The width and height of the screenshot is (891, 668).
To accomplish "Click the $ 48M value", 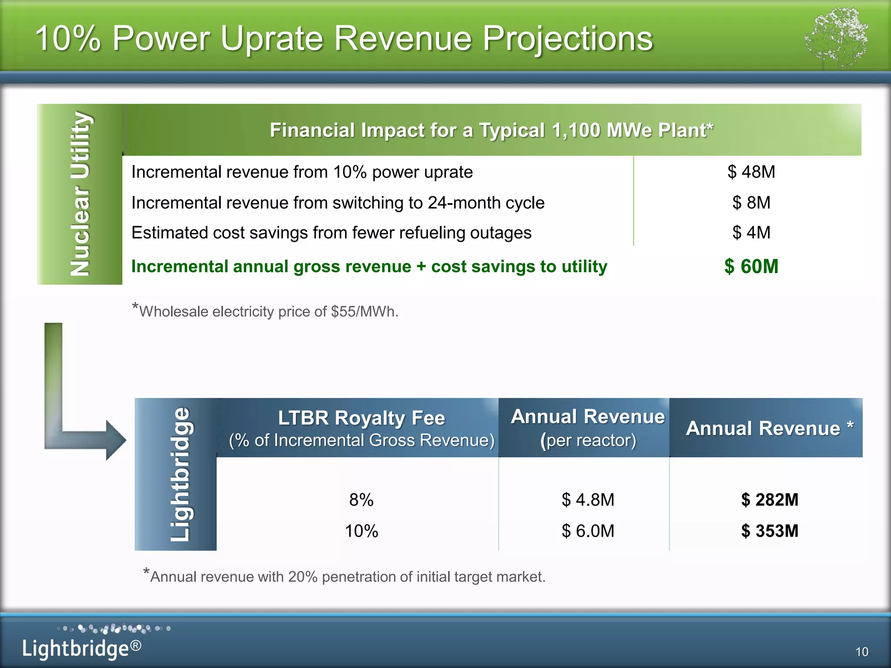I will [751, 172].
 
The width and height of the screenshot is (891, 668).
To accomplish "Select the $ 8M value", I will [751, 203].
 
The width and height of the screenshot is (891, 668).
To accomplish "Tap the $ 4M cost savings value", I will [751, 233].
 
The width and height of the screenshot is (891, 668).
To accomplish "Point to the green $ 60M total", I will [751, 267].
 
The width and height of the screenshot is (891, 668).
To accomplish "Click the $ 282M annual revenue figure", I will [770, 500].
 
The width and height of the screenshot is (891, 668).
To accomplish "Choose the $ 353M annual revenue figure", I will [770, 531].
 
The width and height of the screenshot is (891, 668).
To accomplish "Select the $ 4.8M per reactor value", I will [588, 500].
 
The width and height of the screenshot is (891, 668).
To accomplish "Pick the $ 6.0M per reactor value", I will [588, 531].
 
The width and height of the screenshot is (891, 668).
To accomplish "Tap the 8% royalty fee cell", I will [361, 500].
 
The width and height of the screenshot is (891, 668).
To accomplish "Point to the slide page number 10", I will [861, 652].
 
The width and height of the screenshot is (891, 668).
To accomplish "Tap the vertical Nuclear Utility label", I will [80, 194].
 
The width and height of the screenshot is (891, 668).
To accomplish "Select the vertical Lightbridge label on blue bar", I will [180, 474].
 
